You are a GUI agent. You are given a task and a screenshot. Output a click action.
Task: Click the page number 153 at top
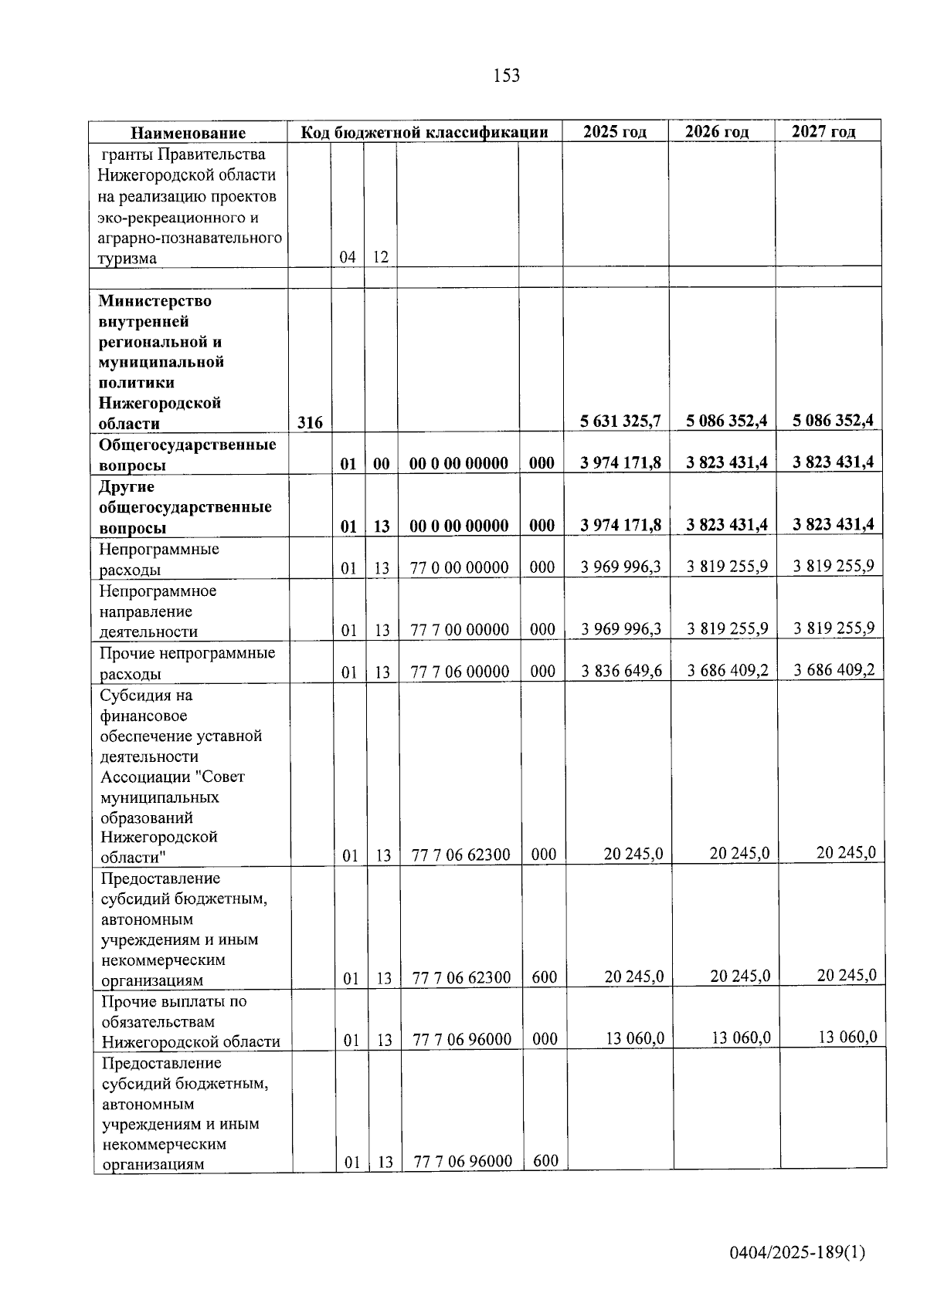(506, 76)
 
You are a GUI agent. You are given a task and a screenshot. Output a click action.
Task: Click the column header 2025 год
(614, 132)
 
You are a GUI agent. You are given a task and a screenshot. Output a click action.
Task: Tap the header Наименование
(188, 133)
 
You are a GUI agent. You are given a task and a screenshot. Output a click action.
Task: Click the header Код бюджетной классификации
(424, 132)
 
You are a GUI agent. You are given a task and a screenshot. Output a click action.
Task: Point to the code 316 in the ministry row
(310, 422)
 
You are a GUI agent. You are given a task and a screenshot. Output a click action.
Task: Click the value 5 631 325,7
(620, 421)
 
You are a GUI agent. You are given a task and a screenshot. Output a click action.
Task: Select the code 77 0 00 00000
(459, 567)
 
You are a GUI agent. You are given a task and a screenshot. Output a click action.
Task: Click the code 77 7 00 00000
(459, 630)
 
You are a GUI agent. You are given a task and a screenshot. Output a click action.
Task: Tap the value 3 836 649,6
(621, 671)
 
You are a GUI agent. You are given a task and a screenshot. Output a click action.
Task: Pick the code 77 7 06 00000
(460, 672)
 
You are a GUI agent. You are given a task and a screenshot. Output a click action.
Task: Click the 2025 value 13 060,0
(634, 1038)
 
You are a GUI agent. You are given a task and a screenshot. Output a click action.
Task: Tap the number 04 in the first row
(348, 257)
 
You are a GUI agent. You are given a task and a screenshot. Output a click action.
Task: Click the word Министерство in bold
(154, 300)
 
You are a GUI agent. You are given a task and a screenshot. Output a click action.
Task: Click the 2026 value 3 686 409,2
(728, 670)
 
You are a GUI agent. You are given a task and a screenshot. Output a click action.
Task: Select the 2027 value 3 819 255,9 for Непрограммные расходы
(834, 566)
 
